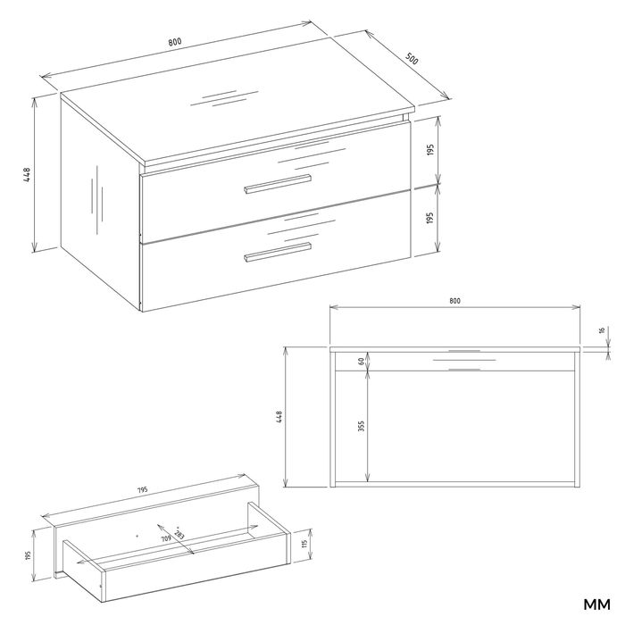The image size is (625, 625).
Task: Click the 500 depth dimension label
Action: coord(412,59)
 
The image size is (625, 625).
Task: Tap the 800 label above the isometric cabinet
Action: coord(175,41)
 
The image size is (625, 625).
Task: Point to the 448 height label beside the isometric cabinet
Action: coord(27,175)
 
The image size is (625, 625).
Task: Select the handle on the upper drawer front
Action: coord(278,184)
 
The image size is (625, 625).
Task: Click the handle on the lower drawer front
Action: coord(278,252)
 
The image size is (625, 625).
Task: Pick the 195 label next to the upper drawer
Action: coord(429,149)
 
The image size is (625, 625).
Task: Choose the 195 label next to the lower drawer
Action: coord(429,218)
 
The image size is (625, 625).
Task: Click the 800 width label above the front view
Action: coord(454,301)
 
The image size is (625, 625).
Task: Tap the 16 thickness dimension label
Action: coord(603,330)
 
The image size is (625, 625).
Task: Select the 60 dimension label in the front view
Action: coord(361,362)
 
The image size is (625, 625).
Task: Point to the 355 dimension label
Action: coord(361,427)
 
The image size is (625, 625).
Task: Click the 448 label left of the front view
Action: coord(279,417)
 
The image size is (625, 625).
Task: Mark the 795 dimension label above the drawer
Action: coord(142,489)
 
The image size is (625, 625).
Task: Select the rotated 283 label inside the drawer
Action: coord(179,535)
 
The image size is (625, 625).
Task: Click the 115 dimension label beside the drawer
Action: coord(305,544)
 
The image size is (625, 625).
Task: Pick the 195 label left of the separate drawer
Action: coord(28,554)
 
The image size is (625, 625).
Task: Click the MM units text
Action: coord(596,604)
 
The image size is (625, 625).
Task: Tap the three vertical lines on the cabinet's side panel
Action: coord(96,199)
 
